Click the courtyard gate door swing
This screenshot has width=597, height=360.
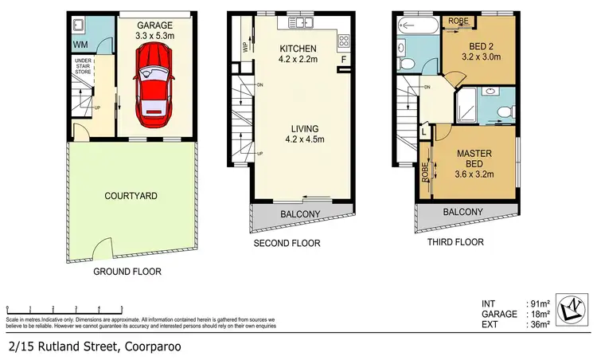(x=102, y=250)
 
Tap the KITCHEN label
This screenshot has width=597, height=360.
(x=299, y=48)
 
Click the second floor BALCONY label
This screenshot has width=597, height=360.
(x=300, y=213)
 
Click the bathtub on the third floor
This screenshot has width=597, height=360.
(x=415, y=25)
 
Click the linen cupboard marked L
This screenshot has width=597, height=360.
(x=423, y=129)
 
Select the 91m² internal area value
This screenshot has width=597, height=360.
(x=540, y=303)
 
